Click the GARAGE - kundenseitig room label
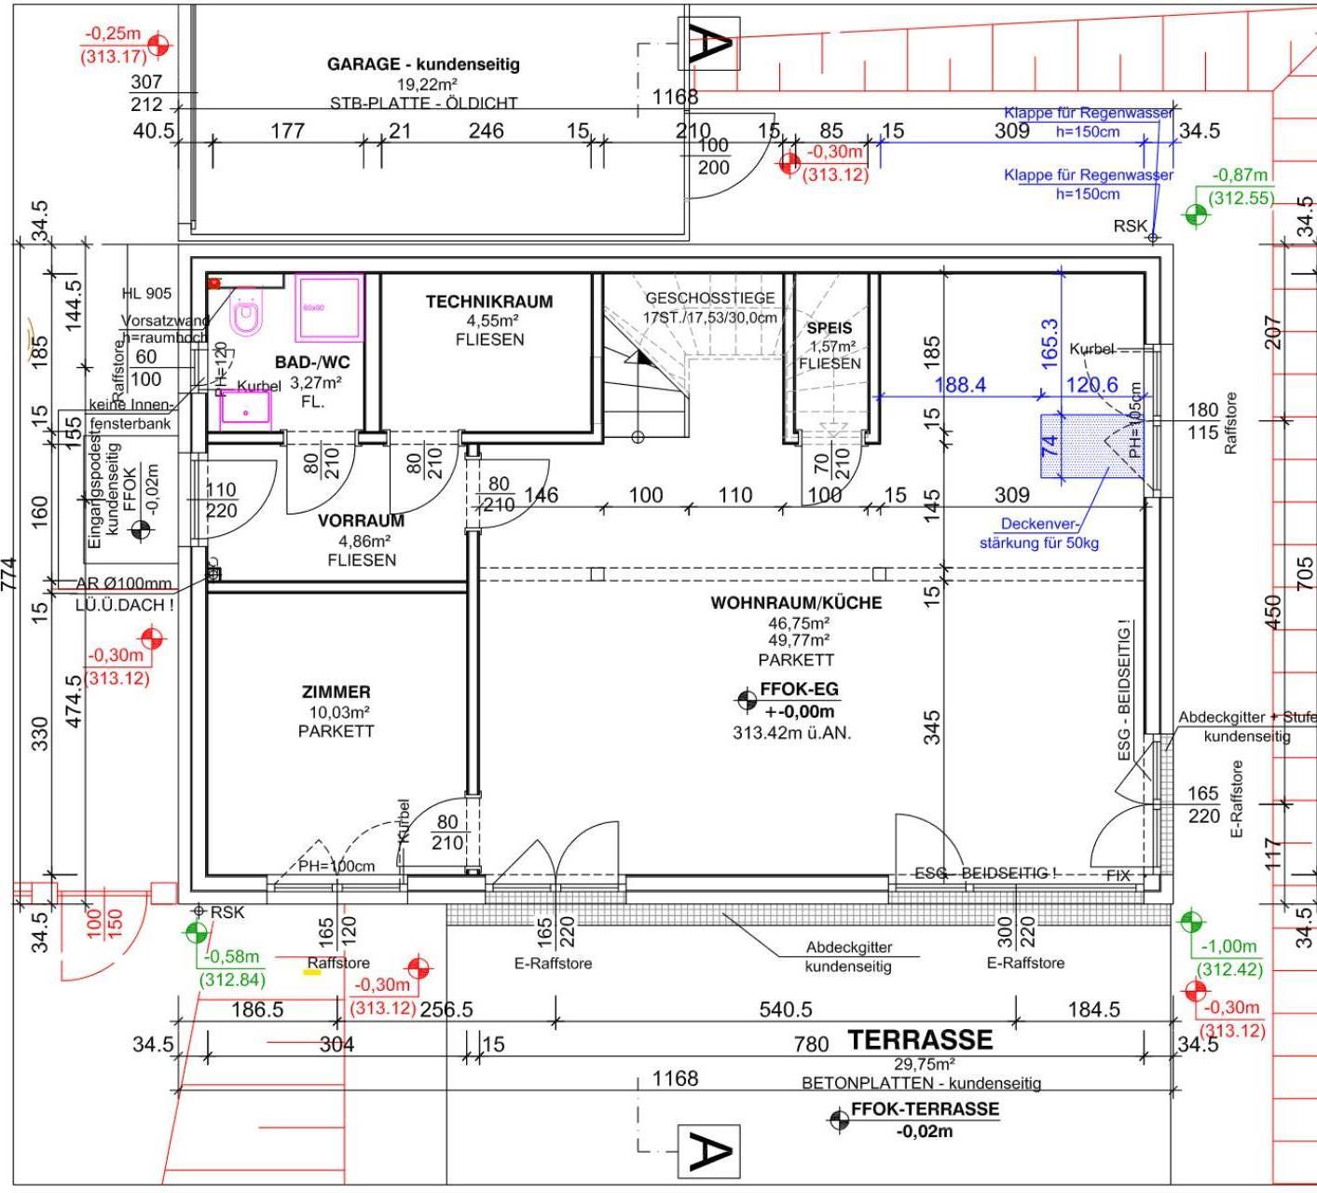click(x=423, y=64)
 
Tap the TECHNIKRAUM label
click(x=489, y=302)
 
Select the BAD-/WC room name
click(x=312, y=362)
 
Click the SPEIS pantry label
click(x=830, y=328)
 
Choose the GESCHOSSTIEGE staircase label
click(x=710, y=298)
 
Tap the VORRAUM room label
click(x=361, y=521)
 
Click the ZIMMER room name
click(x=336, y=692)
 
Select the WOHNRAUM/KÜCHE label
click(x=796, y=603)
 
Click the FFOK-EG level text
click(x=800, y=690)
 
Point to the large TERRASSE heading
click(x=920, y=1040)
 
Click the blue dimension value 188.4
click(x=960, y=385)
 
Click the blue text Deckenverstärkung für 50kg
click(x=1038, y=533)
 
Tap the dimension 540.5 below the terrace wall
click(x=786, y=1009)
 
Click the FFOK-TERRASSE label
click(x=925, y=1109)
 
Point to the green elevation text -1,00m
click(x=1229, y=946)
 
